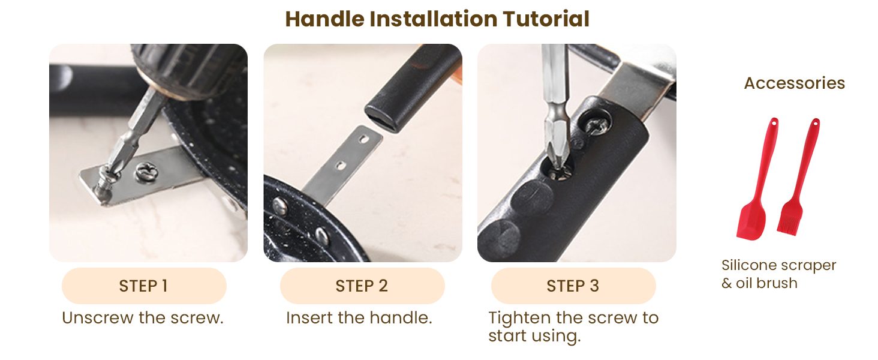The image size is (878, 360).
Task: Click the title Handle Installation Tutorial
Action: (x=437, y=19)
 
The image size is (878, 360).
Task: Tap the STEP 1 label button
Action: (x=144, y=286)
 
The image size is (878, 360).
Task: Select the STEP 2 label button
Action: (x=362, y=286)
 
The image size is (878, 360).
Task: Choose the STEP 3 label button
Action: (x=573, y=286)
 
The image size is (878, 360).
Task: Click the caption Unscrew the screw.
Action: (x=143, y=317)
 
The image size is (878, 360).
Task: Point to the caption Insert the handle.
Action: (x=359, y=317)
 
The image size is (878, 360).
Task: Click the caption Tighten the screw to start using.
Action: (x=573, y=327)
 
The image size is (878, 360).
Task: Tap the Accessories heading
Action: (x=795, y=83)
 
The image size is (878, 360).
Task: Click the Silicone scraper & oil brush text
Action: (x=779, y=274)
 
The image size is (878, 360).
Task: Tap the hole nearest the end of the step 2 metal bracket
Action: (x=365, y=139)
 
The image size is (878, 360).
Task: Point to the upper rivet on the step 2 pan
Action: (x=280, y=206)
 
